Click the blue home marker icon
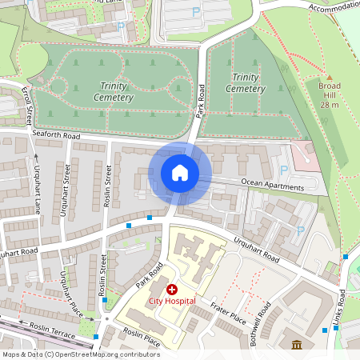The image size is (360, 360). coord(180,173)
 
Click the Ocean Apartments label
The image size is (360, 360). coord(273,186)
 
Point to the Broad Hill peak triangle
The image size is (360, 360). coord(330,74)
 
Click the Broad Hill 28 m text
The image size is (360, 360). coord(330,94)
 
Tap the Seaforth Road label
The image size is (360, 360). coord(57,136)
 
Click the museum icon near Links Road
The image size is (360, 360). coord(297,346)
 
